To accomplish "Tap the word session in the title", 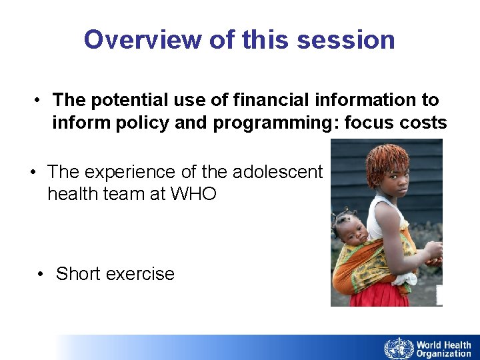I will (x=346, y=40).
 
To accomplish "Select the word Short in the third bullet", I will (x=78, y=274).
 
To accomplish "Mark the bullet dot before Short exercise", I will (x=42, y=274).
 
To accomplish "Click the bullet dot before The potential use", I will (x=39, y=100).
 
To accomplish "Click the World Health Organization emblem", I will (x=399, y=348).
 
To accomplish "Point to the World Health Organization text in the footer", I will (x=443, y=349).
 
